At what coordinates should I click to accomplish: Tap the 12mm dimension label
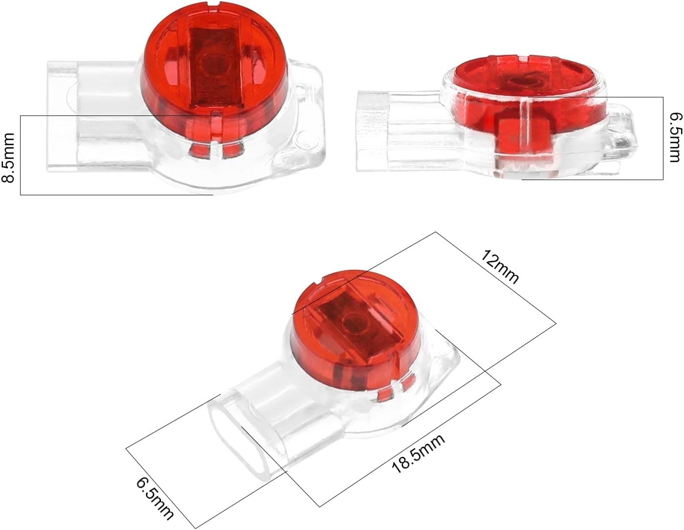(500, 267)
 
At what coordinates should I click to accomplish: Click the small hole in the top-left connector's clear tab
(305, 137)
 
